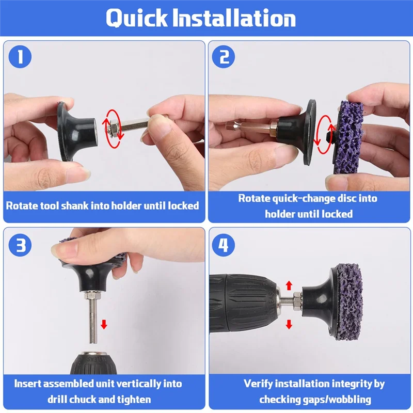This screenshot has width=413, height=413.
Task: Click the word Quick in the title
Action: pyautogui.click(x=137, y=18)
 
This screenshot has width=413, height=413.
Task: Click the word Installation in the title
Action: pyautogui.click(x=234, y=18)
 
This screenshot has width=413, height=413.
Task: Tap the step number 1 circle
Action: pyautogui.click(x=20, y=57)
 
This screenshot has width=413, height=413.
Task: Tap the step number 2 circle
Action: pyautogui.click(x=224, y=57)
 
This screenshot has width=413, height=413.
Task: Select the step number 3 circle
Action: pyautogui.click(x=20, y=245)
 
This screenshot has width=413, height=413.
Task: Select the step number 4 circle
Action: pyautogui.click(x=224, y=245)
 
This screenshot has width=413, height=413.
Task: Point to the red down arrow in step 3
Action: pyautogui.click(x=104, y=324)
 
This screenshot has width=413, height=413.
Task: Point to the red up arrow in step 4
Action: pyautogui.click(x=289, y=285)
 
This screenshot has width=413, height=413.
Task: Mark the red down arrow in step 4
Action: pyautogui.click(x=289, y=324)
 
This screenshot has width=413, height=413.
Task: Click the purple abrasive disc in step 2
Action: pyautogui.click(x=349, y=133)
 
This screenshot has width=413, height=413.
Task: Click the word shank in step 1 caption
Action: pyautogui.click(x=74, y=205)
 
